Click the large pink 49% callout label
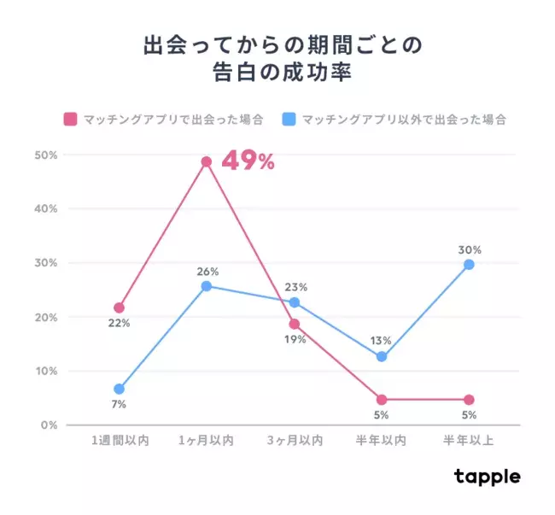(x=248, y=161)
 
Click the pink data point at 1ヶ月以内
(x=207, y=161)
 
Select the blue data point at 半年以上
(x=469, y=265)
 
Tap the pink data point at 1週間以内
(x=120, y=307)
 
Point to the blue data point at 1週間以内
(x=120, y=389)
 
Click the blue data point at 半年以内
(x=382, y=356)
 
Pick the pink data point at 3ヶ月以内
(x=295, y=325)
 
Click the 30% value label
(x=469, y=250)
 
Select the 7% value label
(x=120, y=404)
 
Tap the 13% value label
(x=382, y=341)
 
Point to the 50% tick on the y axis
(x=45, y=155)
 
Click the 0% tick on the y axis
(x=48, y=425)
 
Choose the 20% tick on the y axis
(x=45, y=318)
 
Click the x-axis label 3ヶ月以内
(x=295, y=441)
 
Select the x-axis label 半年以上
(x=469, y=441)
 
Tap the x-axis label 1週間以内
(x=120, y=441)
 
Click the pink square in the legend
(x=71, y=119)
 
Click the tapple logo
(x=487, y=477)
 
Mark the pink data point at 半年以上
(x=469, y=400)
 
